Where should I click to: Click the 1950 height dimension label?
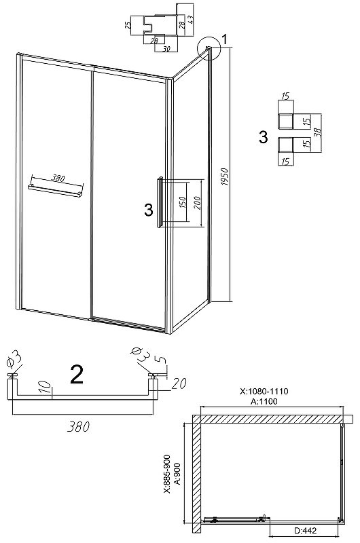[x=225, y=176]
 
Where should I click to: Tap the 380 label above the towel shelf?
[x=58, y=179]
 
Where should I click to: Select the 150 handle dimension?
[x=183, y=202]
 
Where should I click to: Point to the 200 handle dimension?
[x=197, y=203]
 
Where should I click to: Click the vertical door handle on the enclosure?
[x=160, y=202]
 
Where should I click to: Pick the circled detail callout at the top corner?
[x=209, y=48]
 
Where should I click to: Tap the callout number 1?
[x=225, y=39]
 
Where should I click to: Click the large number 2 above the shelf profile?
[x=77, y=374]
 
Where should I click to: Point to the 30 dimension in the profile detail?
[x=166, y=49]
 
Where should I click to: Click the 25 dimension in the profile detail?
[x=128, y=25]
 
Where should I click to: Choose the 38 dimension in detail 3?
[x=318, y=132]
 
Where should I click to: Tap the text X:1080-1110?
[x=264, y=392]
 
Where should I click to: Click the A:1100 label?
[x=264, y=401]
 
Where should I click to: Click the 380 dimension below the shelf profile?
[x=78, y=427]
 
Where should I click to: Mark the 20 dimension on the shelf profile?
[x=179, y=383]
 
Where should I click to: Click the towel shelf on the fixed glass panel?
[x=56, y=191]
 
